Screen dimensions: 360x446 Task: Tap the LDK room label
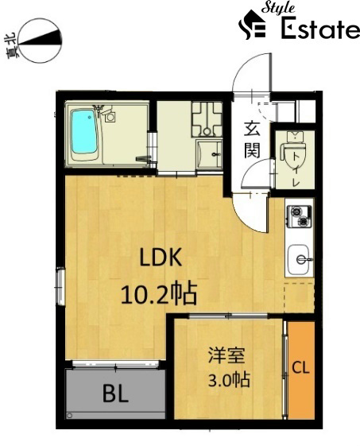click(161, 258)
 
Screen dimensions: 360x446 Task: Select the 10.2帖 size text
click(159, 293)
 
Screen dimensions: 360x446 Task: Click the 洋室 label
click(226, 355)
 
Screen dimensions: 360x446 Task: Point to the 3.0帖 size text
click(229, 379)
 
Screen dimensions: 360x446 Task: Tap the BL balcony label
click(115, 394)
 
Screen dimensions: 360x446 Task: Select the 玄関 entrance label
click(252, 139)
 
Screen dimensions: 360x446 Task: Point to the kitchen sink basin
click(299, 259)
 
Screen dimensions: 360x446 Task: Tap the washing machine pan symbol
click(207, 119)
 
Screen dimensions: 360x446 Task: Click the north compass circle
click(40, 41)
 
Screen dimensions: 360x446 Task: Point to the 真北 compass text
click(11, 45)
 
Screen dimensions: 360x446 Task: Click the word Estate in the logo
click(320, 29)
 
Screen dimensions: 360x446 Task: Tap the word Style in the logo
click(278, 8)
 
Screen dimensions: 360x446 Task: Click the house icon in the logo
click(252, 25)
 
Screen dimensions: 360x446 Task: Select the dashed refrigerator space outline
click(299, 298)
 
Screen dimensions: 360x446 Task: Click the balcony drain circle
click(69, 416)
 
